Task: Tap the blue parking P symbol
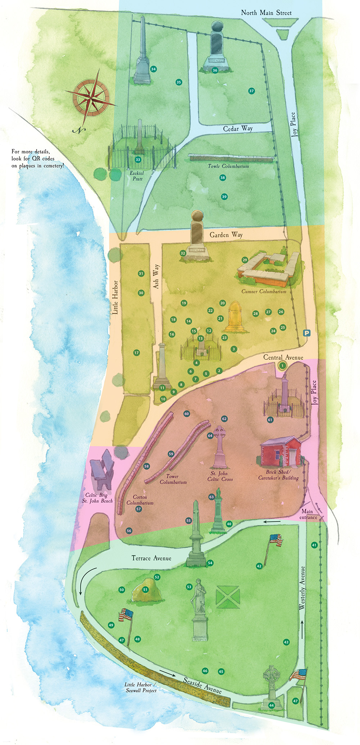click(307, 333)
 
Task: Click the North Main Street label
click(266, 13)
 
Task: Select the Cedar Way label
click(238, 129)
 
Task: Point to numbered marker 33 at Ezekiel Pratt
click(138, 160)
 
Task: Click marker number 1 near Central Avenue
click(283, 366)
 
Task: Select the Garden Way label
click(226, 235)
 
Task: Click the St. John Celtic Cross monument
click(220, 446)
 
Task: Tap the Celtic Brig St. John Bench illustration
click(102, 469)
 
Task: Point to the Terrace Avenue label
click(151, 558)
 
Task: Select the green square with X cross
click(228, 596)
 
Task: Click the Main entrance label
click(308, 514)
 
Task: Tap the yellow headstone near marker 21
click(235, 317)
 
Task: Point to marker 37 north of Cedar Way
click(252, 91)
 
